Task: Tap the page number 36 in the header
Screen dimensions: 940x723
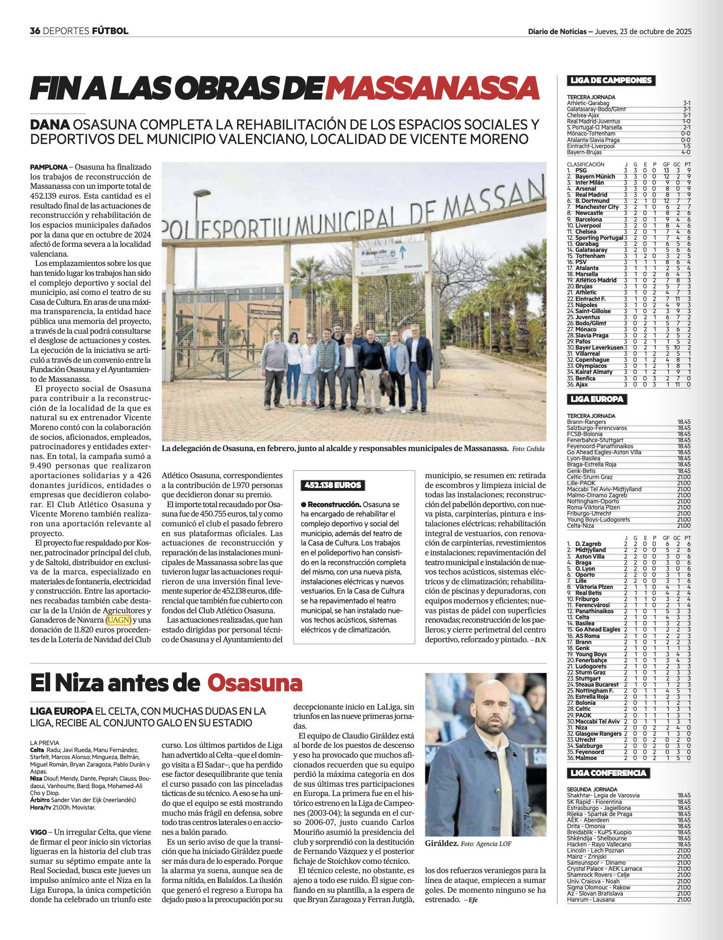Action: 35,31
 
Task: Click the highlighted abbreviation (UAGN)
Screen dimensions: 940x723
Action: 118,620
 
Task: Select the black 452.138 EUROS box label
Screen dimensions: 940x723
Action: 333,485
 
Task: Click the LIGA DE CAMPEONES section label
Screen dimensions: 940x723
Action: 611,80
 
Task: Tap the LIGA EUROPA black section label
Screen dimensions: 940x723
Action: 597,399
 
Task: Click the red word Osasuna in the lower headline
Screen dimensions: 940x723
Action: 255,683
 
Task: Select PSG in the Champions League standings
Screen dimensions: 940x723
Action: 581,171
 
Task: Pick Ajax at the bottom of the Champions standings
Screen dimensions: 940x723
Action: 581,385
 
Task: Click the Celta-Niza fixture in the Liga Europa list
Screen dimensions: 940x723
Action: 580,526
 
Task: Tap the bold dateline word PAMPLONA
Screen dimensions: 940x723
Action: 49,167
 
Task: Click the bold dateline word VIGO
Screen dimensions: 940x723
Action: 38,832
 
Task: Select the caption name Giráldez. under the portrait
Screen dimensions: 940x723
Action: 441,844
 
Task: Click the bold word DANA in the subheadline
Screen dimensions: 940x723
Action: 50,125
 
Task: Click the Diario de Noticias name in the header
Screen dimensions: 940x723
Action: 557,32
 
